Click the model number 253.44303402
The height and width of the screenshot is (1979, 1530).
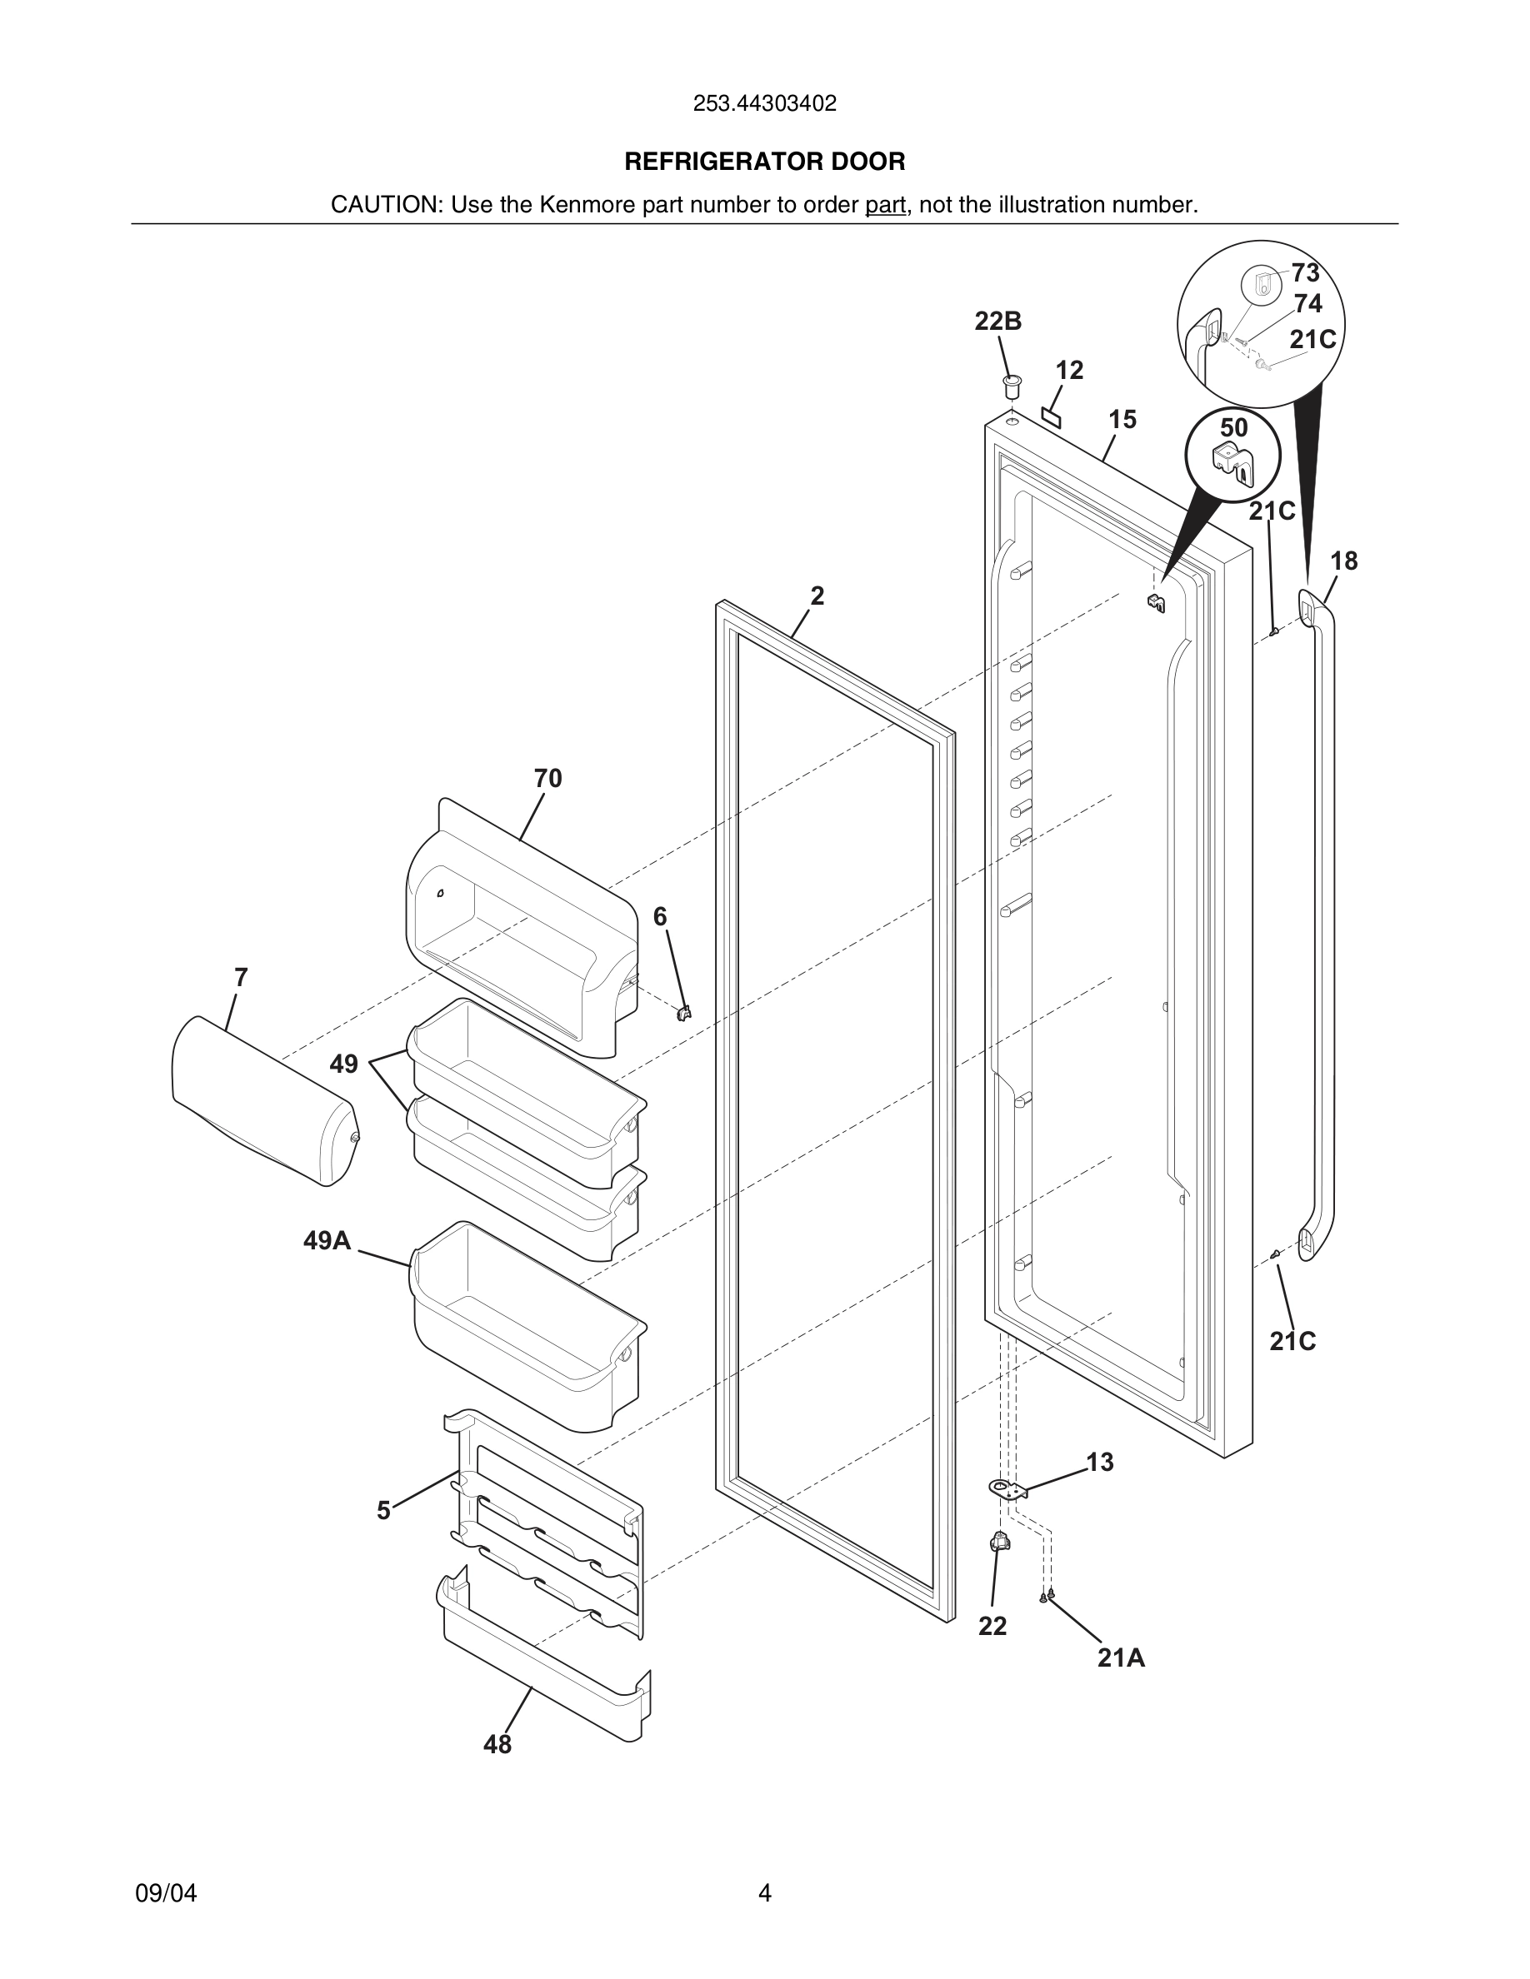[x=764, y=103]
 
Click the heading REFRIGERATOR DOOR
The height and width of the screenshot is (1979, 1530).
[x=764, y=162]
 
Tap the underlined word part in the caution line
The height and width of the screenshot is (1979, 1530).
[x=885, y=205]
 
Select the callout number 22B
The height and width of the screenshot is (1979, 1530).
[x=998, y=321]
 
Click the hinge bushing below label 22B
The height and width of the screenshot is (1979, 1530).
[x=1012, y=385]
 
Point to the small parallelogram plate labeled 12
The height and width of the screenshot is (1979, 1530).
[x=1052, y=416]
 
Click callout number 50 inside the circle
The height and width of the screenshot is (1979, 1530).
[x=1233, y=427]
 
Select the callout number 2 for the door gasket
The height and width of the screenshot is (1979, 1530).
[x=817, y=596]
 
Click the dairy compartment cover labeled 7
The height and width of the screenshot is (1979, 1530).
[x=262, y=1101]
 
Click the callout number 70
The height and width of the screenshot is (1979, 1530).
[x=547, y=779]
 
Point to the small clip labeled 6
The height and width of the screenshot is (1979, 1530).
[x=685, y=1011]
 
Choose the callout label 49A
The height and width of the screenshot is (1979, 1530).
[x=327, y=1240]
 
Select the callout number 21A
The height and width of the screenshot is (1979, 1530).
[x=1120, y=1658]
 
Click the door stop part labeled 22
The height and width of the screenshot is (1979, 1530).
[x=1000, y=1540]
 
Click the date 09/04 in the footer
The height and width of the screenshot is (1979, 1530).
[x=166, y=1893]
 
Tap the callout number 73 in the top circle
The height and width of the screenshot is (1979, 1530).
[x=1305, y=272]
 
